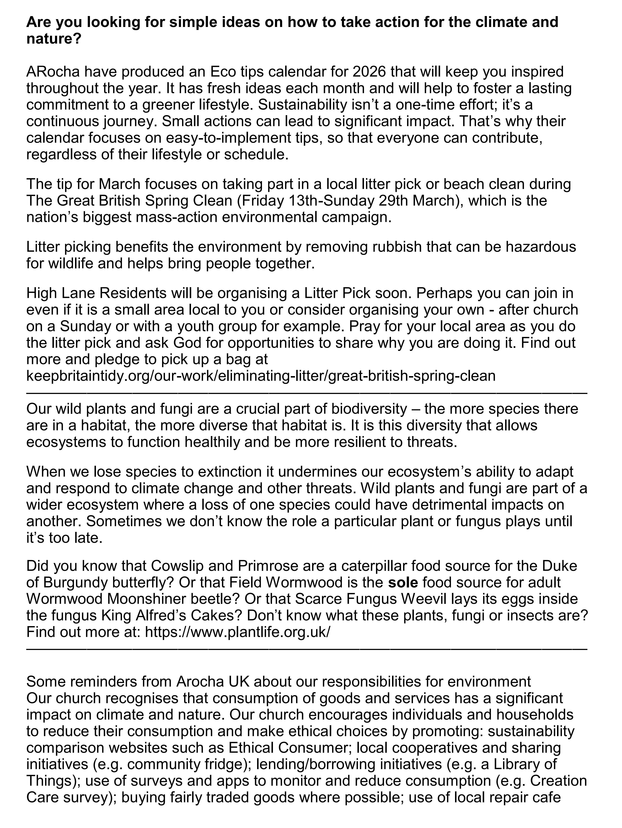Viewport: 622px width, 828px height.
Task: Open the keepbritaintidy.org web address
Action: [x=261, y=375]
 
